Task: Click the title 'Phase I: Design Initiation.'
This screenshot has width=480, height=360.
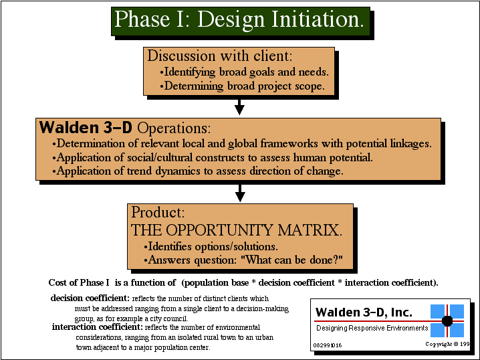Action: click(x=239, y=20)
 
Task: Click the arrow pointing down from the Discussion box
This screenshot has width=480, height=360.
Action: click(x=239, y=107)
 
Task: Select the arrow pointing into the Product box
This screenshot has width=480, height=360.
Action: click(x=240, y=193)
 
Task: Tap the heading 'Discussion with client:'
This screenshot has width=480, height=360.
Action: click(x=220, y=56)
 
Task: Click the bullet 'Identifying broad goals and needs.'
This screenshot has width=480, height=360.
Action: click(x=244, y=72)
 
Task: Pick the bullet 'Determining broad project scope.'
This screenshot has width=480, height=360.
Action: click(x=242, y=86)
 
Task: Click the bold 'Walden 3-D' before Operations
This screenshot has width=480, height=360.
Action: click(x=86, y=127)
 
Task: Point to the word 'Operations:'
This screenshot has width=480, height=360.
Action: click(x=174, y=128)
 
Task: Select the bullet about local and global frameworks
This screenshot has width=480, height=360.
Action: click(x=242, y=144)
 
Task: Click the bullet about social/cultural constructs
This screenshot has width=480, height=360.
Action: click(x=213, y=157)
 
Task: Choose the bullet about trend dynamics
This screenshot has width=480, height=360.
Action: click(x=198, y=171)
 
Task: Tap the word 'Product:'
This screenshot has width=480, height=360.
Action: click(x=158, y=212)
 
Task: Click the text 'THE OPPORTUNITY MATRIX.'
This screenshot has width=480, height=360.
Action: click(x=237, y=230)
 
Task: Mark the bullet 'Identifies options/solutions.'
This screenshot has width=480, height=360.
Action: click(x=211, y=246)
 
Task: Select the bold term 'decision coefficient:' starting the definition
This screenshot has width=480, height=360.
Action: click(x=90, y=298)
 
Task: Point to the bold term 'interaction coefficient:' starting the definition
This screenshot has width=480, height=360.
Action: click(x=98, y=327)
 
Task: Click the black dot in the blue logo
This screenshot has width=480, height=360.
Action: click(x=447, y=321)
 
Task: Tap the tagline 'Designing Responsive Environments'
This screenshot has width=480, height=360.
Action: click(x=372, y=328)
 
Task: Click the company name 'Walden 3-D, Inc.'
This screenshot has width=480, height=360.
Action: click(x=364, y=312)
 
